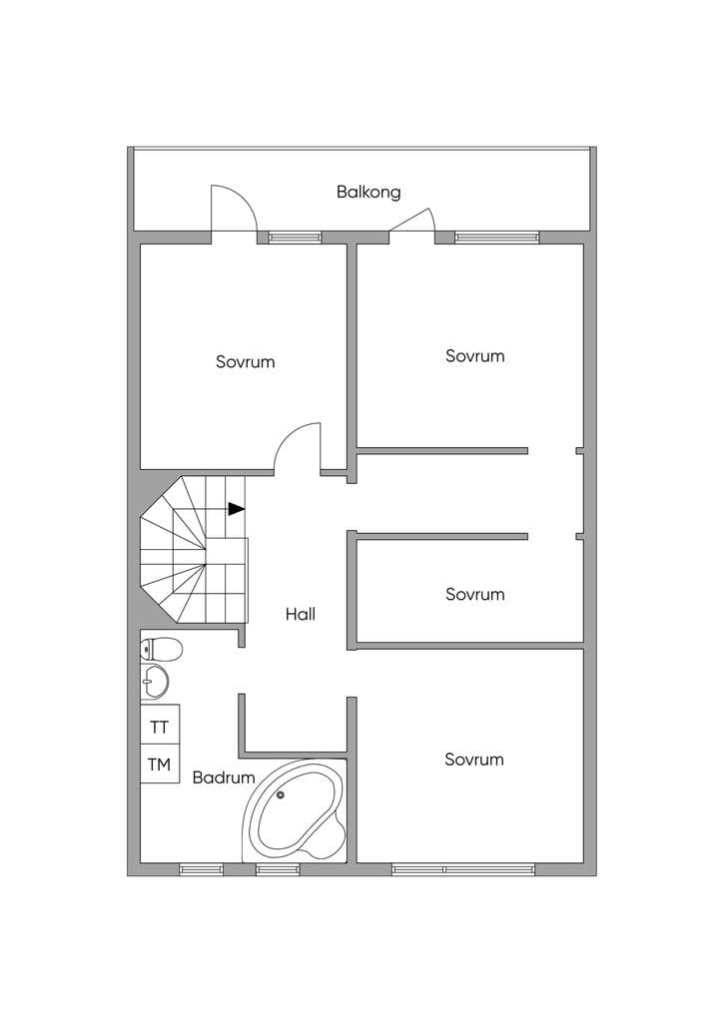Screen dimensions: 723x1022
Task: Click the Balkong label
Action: click(368, 193)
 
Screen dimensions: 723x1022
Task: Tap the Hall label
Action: click(301, 614)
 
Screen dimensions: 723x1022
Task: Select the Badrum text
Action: click(224, 777)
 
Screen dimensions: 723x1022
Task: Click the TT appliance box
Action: click(160, 727)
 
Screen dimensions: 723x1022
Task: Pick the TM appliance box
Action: click(160, 764)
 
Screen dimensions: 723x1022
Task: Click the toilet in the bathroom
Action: click(161, 649)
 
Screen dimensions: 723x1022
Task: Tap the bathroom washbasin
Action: click(155, 683)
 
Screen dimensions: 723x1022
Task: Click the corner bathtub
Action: click(295, 810)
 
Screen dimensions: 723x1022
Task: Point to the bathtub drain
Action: click(281, 794)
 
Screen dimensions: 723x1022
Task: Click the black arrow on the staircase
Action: click(236, 509)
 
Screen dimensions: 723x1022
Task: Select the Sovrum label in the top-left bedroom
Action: click(245, 361)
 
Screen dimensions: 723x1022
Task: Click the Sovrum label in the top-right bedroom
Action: click(474, 356)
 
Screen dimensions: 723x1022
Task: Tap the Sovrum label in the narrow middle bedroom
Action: click(474, 595)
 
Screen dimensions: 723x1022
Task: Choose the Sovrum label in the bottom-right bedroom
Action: click(474, 760)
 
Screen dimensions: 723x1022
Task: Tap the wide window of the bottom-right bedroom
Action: click(463, 869)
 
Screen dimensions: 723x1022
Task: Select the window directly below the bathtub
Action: click(278, 869)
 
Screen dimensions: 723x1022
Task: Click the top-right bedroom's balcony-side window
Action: click(497, 238)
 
